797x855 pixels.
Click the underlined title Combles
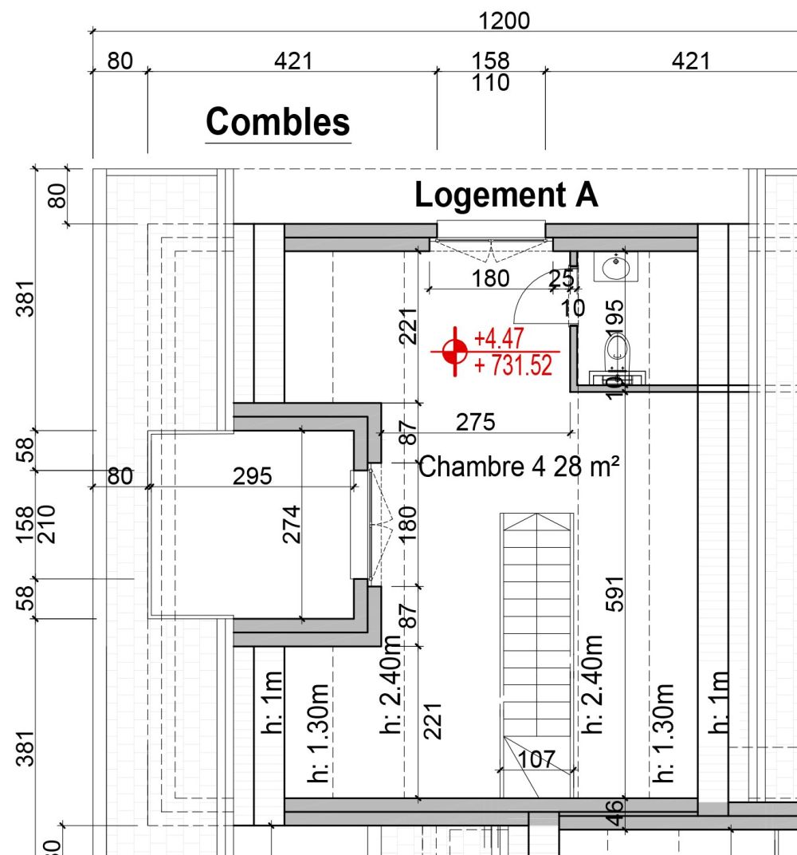tap(277, 123)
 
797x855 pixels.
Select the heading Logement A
tap(506, 195)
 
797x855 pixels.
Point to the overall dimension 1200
tap(504, 21)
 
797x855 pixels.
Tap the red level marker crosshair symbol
tap(455, 350)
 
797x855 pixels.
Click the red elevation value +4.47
tap(499, 338)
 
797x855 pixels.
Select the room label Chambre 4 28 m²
tap(519, 467)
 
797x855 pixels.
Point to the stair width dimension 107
tap(536, 760)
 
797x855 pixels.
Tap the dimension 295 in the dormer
tap(252, 476)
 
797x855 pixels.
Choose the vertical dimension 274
tap(292, 523)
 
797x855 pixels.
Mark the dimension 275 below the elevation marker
tap(475, 422)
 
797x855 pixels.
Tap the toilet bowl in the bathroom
tap(617, 349)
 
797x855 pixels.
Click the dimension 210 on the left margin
tap(46, 524)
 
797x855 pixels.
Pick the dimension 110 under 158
tap(490, 82)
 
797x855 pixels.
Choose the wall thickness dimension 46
tap(613, 811)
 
